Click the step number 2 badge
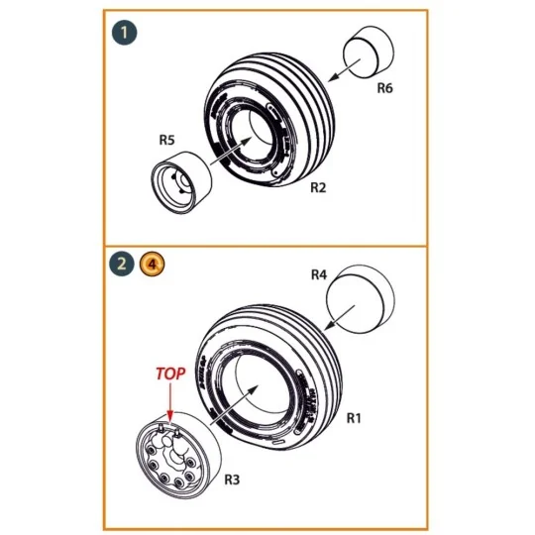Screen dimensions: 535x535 pos(121,264)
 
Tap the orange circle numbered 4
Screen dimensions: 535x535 pos(150,264)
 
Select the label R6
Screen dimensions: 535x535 pos(385,89)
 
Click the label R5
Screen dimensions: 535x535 pos(167,140)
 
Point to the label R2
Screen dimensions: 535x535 pos(319,186)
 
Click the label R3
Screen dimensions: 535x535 pos(232,479)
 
